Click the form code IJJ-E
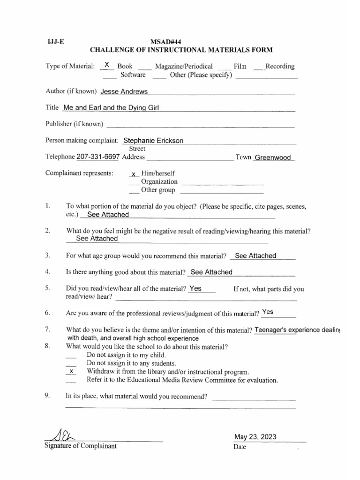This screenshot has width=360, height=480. pyautogui.click(x=52, y=41)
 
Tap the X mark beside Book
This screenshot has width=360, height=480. pyautogui.click(x=107, y=65)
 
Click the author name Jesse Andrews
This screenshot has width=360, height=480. pyautogui.click(x=124, y=91)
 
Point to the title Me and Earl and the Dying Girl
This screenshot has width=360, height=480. pyautogui.click(x=111, y=108)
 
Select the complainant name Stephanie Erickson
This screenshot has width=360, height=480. pyautogui.click(x=153, y=141)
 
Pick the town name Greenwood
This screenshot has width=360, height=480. pyautogui.click(x=273, y=157)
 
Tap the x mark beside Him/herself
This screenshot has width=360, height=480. pyautogui.click(x=133, y=174)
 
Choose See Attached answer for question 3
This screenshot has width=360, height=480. pyautogui.click(x=255, y=255)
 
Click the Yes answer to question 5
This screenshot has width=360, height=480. pyautogui.click(x=195, y=289)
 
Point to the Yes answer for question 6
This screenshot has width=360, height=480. pyautogui.click(x=268, y=312)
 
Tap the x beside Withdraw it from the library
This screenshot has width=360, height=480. pyautogui.click(x=71, y=371)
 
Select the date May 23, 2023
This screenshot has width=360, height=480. pyautogui.click(x=255, y=437)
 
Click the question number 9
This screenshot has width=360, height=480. pyautogui.click(x=47, y=396)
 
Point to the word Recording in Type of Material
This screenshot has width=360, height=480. pyautogui.click(x=280, y=67)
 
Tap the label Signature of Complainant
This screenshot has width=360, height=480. pyautogui.click(x=80, y=446)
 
